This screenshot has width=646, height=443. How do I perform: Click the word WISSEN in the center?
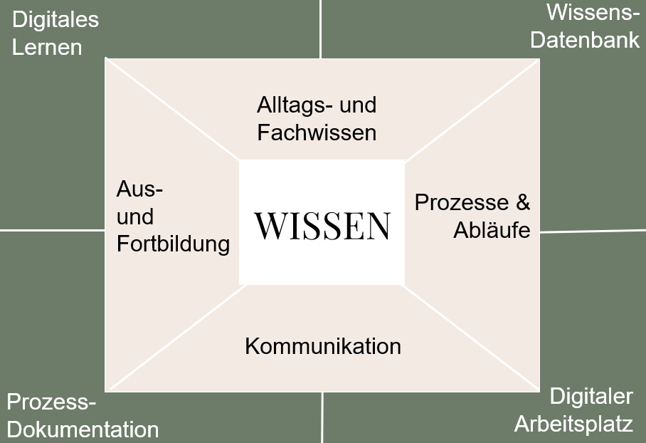pos(322,225)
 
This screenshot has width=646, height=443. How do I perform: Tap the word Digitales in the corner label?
pos(55,20)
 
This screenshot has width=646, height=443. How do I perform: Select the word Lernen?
pos(47,47)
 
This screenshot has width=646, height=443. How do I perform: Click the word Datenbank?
pos(585,40)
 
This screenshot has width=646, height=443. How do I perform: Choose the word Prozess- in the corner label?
pos(51,403)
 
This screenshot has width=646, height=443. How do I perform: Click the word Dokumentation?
pos(83,430)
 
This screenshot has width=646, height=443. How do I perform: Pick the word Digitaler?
pos(591,397)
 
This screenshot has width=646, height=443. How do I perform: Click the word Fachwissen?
pos(317,132)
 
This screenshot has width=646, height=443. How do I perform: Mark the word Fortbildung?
pos(173,244)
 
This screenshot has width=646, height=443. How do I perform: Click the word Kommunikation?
pos(323,346)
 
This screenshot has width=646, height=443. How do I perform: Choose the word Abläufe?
pos(492,230)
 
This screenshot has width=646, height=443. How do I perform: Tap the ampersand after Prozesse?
pos(523,202)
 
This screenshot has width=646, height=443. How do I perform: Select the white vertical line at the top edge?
pos(320,28)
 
